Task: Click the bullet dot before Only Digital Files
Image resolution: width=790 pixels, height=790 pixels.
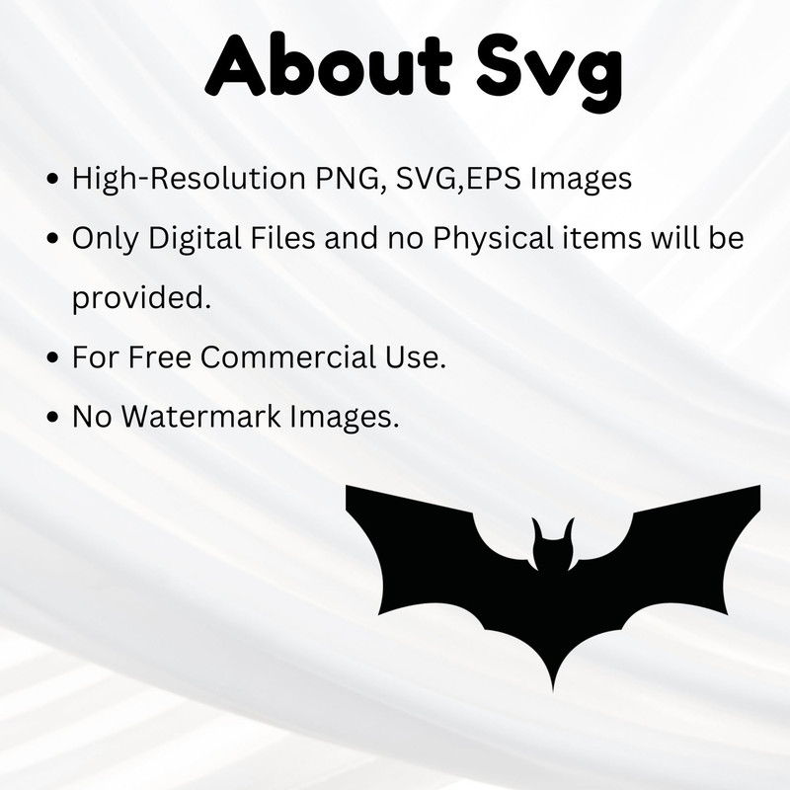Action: (53, 240)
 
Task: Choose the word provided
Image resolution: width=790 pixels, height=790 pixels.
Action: (141, 298)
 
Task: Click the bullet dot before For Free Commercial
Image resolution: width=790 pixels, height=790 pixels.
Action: (53, 358)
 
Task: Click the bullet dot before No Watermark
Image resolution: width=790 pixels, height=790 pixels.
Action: (53, 418)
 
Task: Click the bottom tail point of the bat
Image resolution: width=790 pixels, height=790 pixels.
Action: (552, 685)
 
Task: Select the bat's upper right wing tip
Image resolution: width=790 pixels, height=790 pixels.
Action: (757, 488)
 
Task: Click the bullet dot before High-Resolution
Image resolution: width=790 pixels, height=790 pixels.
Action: (53, 182)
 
